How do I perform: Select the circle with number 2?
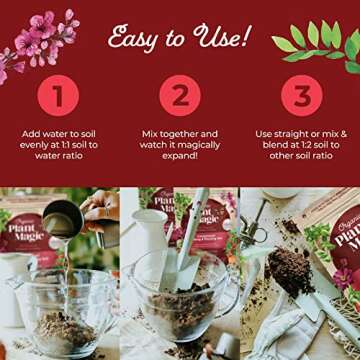[180, 96]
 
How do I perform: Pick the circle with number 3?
[301, 96]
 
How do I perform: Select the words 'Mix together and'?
[180, 132]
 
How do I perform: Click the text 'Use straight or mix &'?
[301, 132]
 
